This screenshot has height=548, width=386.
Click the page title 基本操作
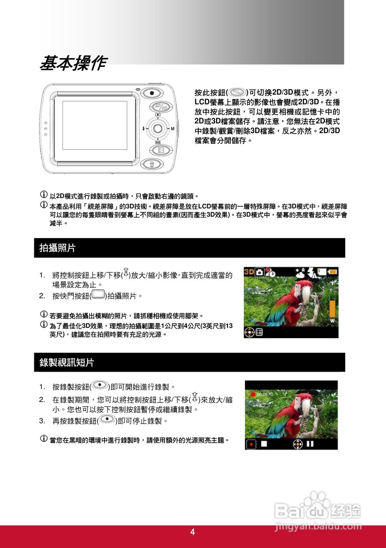[x=73, y=64]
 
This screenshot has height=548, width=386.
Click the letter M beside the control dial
[x=173, y=128]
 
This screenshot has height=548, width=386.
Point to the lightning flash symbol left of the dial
[x=143, y=128]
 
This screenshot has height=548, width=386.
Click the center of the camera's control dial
[x=158, y=128]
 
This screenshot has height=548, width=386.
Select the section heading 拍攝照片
[x=57, y=248]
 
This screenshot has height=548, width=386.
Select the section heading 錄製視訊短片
[x=67, y=363]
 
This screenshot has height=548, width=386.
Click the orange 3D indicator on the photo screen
[x=249, y=272]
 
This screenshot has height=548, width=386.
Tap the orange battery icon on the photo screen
[x=333, y=272]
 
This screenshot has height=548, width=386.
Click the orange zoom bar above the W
[x=332, y=308]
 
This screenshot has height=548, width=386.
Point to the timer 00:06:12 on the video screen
[x=265, y=394]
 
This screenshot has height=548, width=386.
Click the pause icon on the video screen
[x=310, y=444]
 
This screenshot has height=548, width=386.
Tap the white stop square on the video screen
[x=264, y=444]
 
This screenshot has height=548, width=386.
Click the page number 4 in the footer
[x=192, y=532]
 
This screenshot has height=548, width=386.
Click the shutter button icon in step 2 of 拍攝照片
[x=98, y=295]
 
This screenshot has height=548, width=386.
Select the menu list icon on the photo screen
[x=260, y=332]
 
